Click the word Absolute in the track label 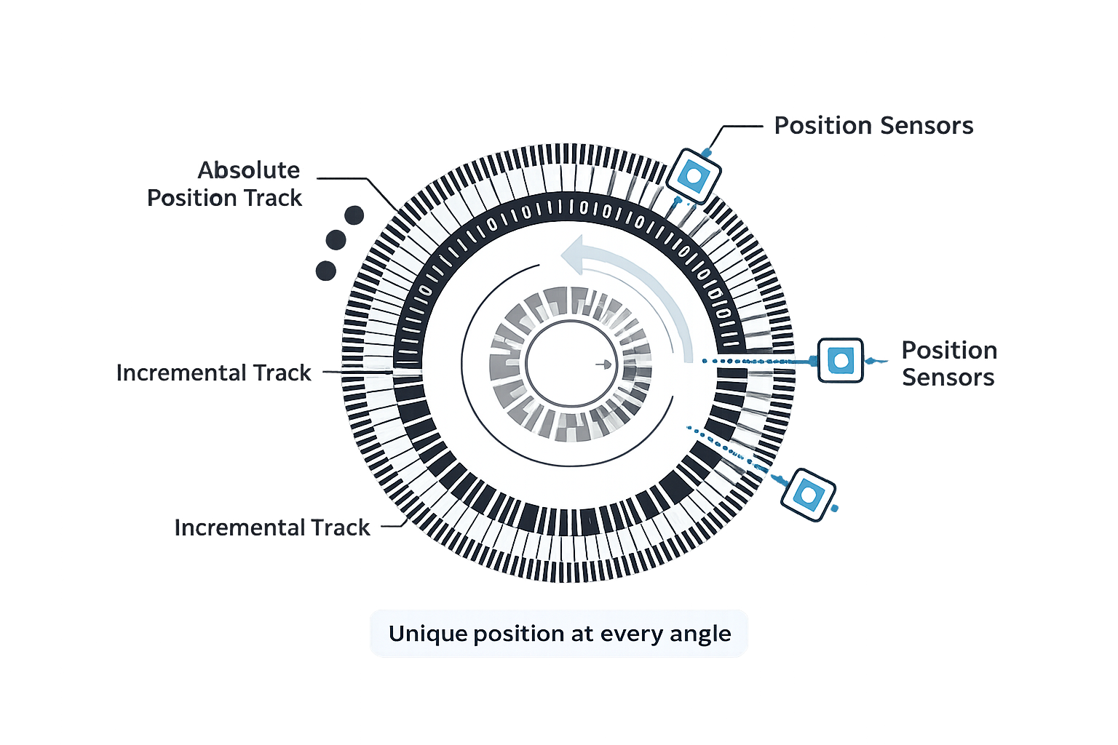click(249, 170)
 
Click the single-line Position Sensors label click(873, 126)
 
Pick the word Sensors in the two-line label click(948, 378)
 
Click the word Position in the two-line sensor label click(949, 350)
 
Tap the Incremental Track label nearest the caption click(273, 527)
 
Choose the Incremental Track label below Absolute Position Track click(214, 373)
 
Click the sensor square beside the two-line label click(841, 360)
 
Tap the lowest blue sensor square click(807, 495)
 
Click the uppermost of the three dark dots click(354, 215)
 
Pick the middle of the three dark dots click(336, 239)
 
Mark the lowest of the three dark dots click(325, 271)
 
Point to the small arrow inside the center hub click(603, 363)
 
